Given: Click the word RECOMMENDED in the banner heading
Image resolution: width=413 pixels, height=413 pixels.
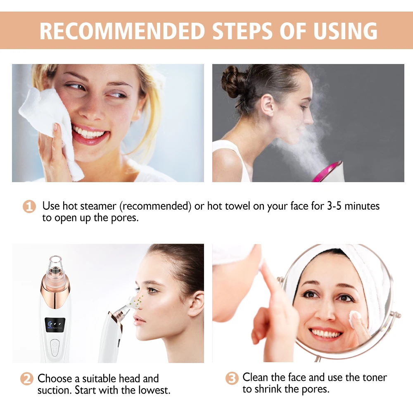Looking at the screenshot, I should [x=122, y=31].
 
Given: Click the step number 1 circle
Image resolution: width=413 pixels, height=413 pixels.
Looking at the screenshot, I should [x=29, y=206].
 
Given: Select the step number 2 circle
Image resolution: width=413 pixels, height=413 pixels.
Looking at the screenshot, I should [x=27, y=379].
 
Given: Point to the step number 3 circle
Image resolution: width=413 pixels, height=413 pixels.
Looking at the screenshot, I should [x=232, y=378].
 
